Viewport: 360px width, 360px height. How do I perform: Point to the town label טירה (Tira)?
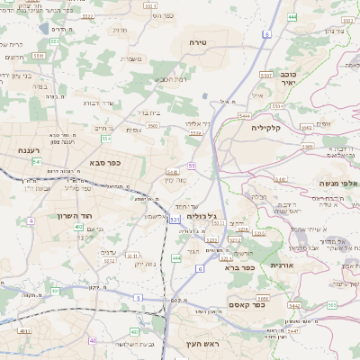199,42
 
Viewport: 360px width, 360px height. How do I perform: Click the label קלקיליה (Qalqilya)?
267,127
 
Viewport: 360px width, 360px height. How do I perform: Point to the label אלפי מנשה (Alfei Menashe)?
338,184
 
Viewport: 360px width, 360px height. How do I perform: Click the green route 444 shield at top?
292,17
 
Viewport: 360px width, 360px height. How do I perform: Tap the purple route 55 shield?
192,165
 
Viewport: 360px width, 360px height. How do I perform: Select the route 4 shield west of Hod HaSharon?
31,220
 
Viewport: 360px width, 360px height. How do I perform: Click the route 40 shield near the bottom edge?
93,340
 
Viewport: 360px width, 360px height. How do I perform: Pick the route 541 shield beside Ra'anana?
36,161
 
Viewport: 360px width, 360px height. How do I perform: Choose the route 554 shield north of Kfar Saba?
105,139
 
